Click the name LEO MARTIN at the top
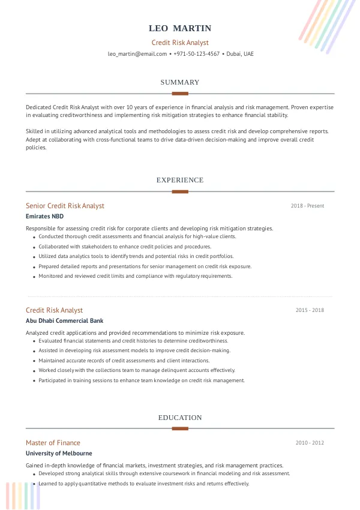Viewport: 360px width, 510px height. click(180, 28)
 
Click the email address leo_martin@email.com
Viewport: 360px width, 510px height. click(137, 54)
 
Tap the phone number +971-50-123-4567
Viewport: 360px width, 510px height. click(196, 54)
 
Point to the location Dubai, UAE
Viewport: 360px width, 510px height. click(240, 54)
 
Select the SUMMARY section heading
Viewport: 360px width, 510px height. click(180, 82)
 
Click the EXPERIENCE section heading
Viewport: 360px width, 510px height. click(180, 180)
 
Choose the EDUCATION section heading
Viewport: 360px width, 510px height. click(180, 418)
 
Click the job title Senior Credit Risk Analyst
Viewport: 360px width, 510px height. click(65, 206)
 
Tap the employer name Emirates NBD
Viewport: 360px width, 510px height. click(44, 217)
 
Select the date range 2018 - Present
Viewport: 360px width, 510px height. click(307, 206)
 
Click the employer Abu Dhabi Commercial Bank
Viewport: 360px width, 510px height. click(64, 321)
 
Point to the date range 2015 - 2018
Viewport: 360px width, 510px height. click(310, 310)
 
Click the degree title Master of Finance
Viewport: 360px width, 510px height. click(53, 443)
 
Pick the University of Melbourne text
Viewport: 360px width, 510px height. click(59, 454)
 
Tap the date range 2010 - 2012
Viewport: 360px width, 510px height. click(310, 443)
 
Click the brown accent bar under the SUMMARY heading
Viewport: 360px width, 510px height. click(180, 94)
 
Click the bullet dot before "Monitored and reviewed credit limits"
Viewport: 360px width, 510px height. click(33, 277)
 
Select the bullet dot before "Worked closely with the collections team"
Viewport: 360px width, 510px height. click(33, 371)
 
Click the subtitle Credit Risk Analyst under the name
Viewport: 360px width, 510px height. click(180, 43)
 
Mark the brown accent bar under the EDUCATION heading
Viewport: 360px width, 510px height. click(180, 428)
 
